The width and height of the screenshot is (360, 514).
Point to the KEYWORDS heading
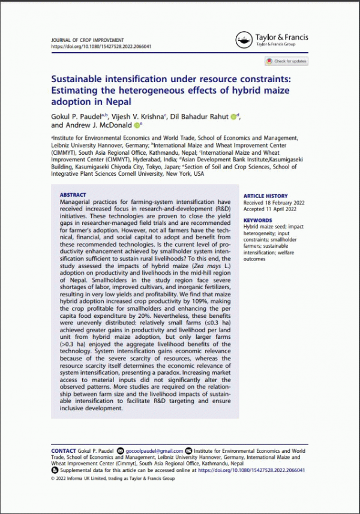click(257, 220)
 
